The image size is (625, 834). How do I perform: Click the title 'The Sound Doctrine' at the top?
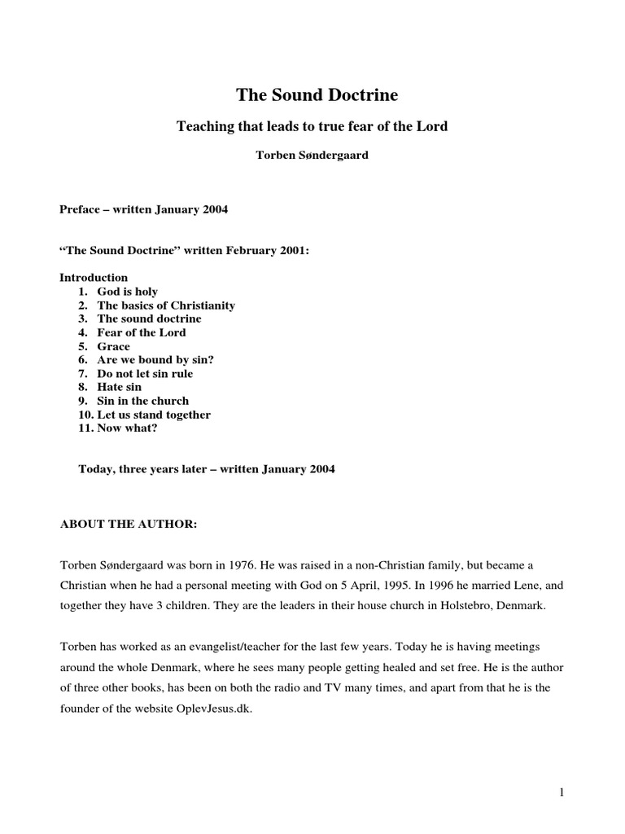317,95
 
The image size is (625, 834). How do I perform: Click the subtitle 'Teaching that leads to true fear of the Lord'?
312,127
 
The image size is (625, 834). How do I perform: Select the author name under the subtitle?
312,155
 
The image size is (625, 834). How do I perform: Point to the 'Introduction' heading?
94,278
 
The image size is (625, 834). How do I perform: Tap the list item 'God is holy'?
128,292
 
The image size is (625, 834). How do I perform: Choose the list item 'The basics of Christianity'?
166,305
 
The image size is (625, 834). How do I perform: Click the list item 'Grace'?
114,346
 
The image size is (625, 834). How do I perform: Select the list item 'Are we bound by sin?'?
155,360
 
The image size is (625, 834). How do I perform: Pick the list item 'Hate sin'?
120,387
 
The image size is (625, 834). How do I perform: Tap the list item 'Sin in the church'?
143,401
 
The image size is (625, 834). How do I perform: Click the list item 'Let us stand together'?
154,415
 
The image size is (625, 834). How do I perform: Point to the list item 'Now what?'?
128,428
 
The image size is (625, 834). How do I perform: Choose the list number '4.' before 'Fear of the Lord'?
84,332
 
